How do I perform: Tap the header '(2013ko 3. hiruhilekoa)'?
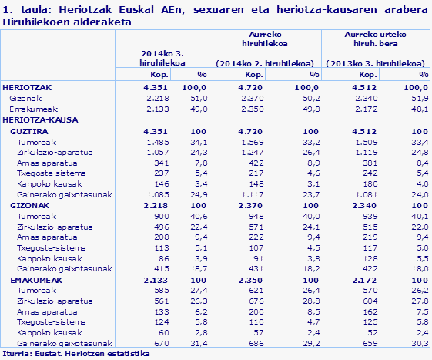(x=376, y=62)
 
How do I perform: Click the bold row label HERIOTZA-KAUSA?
(x=35, y=120)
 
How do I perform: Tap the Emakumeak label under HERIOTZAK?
(x=29, y=109)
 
